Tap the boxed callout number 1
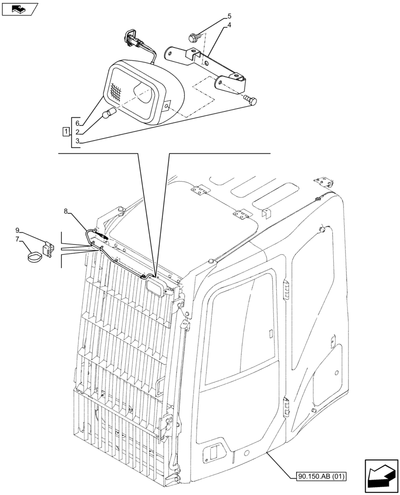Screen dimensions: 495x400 tap(65, 131)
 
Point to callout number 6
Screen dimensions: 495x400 tap(78, 123)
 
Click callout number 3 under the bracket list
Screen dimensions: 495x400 tap(78, 141)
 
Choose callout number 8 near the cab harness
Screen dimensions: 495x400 tap(66, 211)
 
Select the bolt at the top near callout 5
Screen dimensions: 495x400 tap(193, 36)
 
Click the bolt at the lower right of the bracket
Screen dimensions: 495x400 tap(251, 100)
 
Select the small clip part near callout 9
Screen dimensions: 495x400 tap(47, 248)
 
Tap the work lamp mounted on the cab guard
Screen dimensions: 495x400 tap(157, 287)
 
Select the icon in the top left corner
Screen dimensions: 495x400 tap(19, 8)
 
